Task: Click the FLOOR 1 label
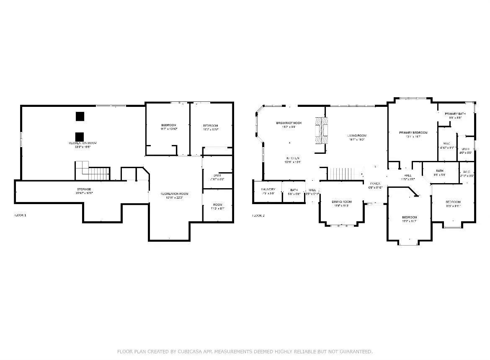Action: tap(21, 215)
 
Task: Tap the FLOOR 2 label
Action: tap(258, 215)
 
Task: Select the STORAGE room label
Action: tap(84, 189)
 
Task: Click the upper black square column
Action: tap(80, 117)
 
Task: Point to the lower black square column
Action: tap(80, 137)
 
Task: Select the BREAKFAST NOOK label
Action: tap(289, 123)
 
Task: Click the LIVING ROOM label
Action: tap(357, 135)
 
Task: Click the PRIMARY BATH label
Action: tap(455, 114)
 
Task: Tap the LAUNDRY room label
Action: tap(268, 189)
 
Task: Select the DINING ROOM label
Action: tap(342, 202)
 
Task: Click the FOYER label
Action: tap(375, 184)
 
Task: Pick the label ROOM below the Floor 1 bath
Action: tap(217, 204)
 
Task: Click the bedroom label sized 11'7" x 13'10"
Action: tap(169, 125)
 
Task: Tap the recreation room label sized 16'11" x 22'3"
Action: tap(175, 194)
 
